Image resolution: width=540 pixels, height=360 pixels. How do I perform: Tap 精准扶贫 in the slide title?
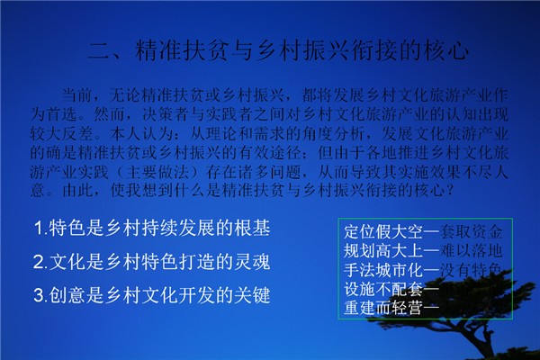point(181,50)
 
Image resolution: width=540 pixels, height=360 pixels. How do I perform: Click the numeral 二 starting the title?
point(99,51)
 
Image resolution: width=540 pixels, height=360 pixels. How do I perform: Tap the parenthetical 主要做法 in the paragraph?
point(157,172)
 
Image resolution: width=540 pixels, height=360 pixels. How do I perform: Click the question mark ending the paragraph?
point(449,191)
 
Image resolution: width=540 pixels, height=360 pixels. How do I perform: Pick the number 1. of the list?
point(40,228)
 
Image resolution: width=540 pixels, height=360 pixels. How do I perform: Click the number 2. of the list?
point(40,262)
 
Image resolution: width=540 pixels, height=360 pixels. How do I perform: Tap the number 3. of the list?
point(40,295)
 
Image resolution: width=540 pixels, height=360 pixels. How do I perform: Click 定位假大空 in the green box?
point(383,232)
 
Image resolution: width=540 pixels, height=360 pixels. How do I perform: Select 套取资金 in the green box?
point(471,232)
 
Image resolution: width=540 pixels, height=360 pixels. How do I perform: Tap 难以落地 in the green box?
point(471,251)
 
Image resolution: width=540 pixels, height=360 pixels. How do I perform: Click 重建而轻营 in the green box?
point(383,308)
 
